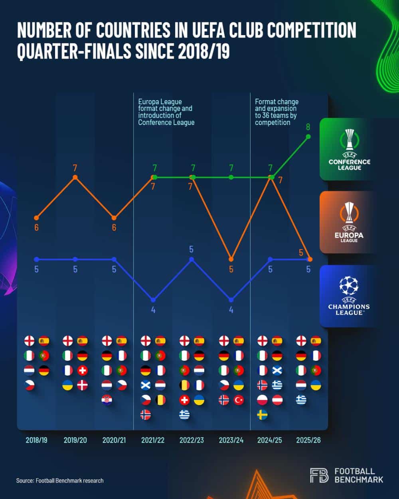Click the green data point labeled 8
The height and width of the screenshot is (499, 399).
pos(308,137)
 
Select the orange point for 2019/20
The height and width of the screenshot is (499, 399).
pos(75,177)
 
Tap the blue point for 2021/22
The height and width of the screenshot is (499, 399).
pos(153,300)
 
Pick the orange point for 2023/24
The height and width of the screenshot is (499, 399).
pos(231,259)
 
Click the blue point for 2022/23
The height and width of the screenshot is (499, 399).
pos(192,259)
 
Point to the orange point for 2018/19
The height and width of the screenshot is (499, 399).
pos(36,218)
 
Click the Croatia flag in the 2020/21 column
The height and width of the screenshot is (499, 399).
pos(107,400)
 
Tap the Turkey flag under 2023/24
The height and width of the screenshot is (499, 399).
pos(239,400)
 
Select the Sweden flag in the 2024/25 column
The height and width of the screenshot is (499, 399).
pos(263,415)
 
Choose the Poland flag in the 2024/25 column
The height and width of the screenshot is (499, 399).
pos(263,400)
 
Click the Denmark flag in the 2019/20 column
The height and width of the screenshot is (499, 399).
pos(82,385)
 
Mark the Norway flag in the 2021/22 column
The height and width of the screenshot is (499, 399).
pos(146,415)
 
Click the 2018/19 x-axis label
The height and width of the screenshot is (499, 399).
pos(36,440)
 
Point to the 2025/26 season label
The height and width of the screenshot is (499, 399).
pos(308,440)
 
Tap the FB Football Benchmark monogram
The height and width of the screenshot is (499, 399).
pos(319,475)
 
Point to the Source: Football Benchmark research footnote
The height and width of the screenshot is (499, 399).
pos(60,481)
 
